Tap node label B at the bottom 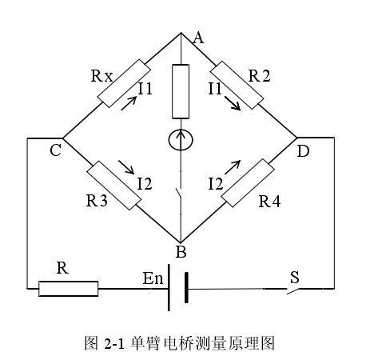pyautogui.click(x=181, y=252)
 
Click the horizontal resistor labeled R pyautogui.click(x=69, y=288)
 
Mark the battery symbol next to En pyautogui.click(x=179, y=288)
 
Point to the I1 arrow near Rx pyautogui.click(x=127, y=104)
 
